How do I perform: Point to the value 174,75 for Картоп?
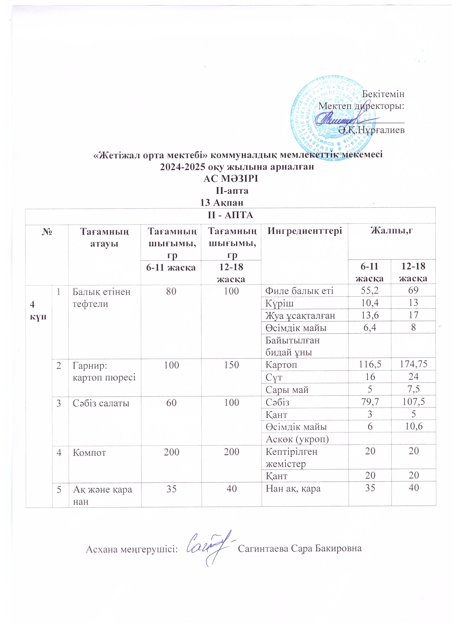(413, 365)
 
